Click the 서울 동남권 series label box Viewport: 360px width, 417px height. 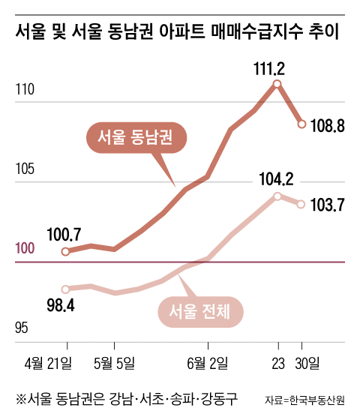click(136, 137)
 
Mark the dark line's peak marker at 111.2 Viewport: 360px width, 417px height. click(277, 84)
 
